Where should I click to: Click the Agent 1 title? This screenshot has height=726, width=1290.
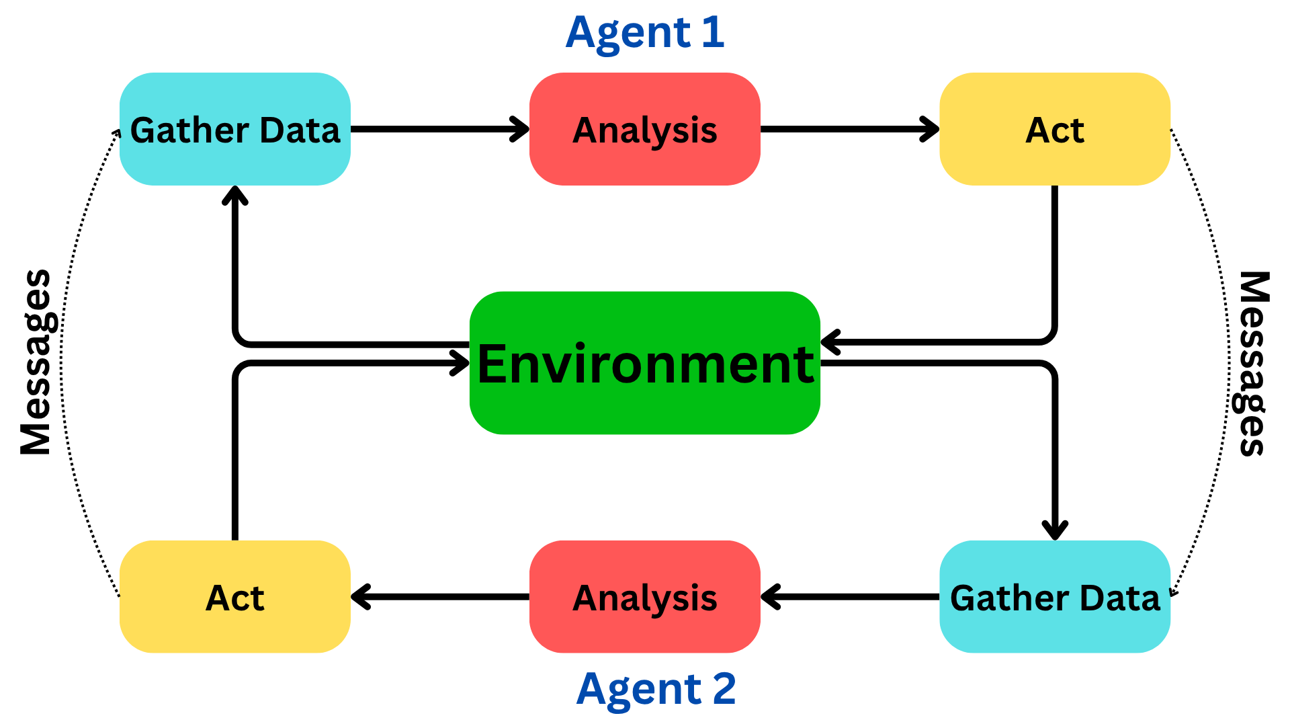[x=645, y=32]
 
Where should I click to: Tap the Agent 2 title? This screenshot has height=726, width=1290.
[x=656, y=689]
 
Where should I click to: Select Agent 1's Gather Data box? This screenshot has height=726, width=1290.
[x=235, y=129]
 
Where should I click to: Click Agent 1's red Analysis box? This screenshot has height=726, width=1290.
[x=645, y=129]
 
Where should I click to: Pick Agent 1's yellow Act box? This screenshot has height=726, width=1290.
[x=1055, y=129]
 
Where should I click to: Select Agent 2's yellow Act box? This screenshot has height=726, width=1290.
[x=235, y=597]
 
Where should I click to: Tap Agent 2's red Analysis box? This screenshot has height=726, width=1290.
[x=645, y=597]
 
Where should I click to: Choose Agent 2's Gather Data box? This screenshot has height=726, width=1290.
[x=1055, y=597]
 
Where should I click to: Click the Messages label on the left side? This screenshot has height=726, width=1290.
[x=36, y=363]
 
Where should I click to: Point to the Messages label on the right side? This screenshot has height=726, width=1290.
[x=1254, y=363]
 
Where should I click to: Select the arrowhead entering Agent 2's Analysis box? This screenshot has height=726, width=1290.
[x=770, y=597]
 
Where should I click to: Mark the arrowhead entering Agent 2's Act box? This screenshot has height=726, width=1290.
[x=360, y=597]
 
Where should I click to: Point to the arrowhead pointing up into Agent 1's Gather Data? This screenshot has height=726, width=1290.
[x=235, y=195]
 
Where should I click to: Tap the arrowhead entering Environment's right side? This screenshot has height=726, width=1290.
[x=830, y=342]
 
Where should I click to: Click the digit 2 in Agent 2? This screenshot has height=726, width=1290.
[x=724, y=689]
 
